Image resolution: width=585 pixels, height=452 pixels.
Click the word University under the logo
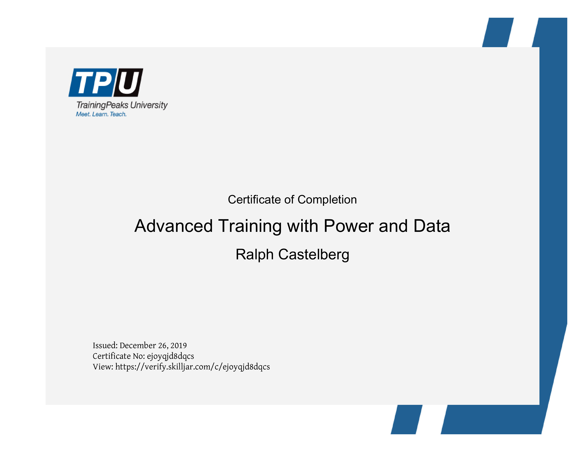tap(149, 105)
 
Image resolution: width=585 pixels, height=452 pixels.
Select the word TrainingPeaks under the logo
tap(102, 105)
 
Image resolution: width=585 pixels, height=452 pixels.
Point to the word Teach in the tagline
tap(118, 114)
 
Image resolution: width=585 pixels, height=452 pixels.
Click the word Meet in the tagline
tap(83, 114)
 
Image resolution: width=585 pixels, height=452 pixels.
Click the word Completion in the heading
tap(327, 200)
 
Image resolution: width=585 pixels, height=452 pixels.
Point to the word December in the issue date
tap(138, 345)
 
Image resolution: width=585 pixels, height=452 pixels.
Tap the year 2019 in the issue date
tap(179, 346)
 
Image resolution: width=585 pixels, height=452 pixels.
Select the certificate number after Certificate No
tap(170, 356)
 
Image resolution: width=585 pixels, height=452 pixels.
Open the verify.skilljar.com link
tap(193, 367)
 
